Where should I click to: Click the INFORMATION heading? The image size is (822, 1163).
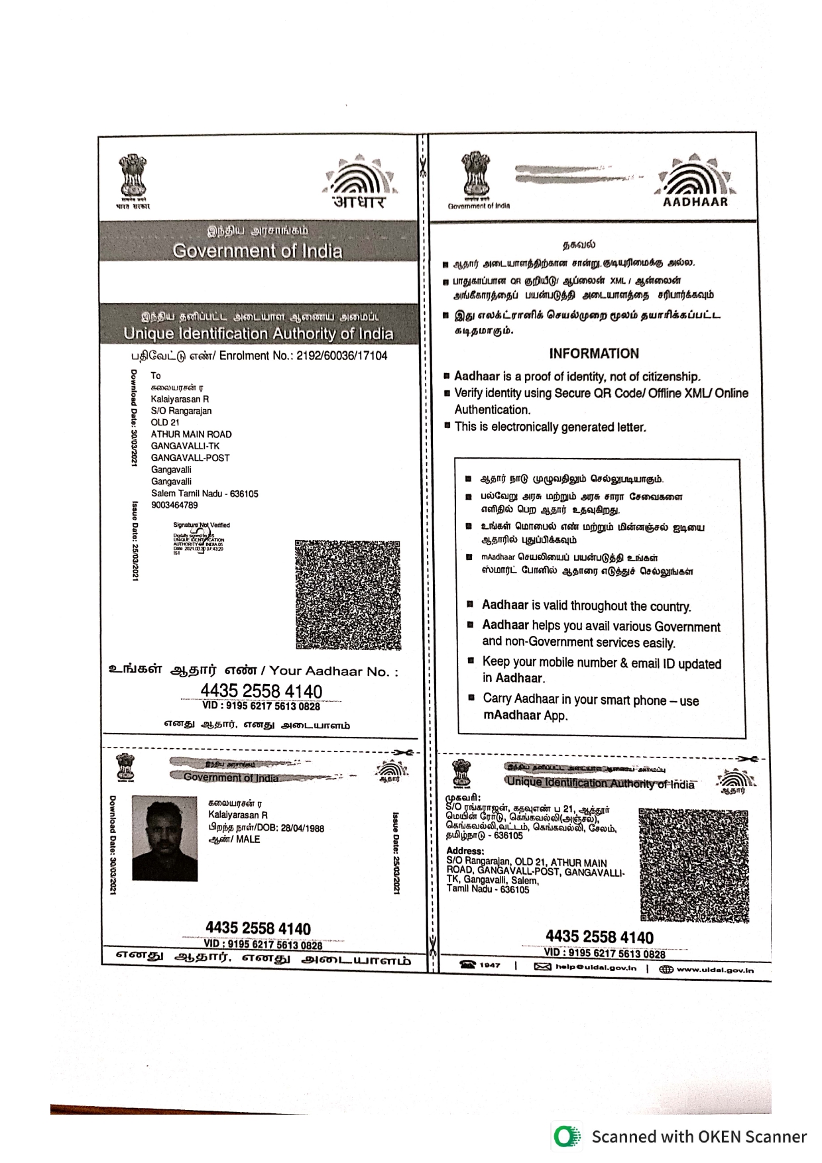click(x=593, y=353)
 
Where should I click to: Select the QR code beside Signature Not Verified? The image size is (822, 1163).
click(x=347, y=594)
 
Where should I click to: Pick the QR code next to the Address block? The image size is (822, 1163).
click(x=693, y=864)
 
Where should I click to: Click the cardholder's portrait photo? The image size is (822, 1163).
click(x=164, y=838)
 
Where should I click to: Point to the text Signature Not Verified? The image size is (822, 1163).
click(x=202, y=525)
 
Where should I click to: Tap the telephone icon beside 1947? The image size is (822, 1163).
click(x=468, y=966)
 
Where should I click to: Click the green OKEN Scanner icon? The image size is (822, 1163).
click(x=567, y=1136)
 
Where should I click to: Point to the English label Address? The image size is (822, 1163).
click(x=465, y=851)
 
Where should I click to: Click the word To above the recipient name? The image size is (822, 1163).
click(x=156, y=375)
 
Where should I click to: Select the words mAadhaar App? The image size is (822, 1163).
click(x=525, y=716)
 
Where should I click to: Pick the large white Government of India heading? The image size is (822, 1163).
click(x=257, y=251)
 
